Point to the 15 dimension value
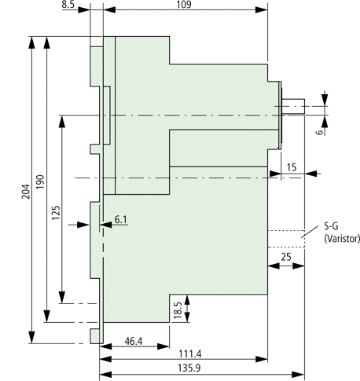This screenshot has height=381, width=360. (292, 167)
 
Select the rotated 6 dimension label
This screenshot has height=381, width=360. (320, 132)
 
